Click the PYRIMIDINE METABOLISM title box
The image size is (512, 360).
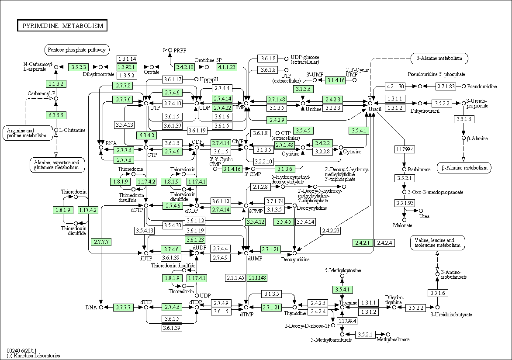pyautogui.click(x=62, y=25)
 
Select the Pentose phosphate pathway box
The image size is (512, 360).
pyautogui.click(x=77, y=50)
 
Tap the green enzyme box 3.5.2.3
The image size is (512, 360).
pyautogui.click(x=79, y=67)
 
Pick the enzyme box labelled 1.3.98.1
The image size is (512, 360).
pyautogui.click(x=127, y=67)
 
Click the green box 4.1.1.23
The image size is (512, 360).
pyautogui.click(x=227, y=67)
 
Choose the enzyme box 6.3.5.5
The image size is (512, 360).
pyautogui.click(x=56, y=115)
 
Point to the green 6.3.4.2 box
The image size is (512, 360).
pyautogui.click(x=146, y=135)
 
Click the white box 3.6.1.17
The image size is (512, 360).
pyautogui.click(x=173, y=80)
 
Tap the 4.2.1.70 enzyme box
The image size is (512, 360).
pyautogui.click(x=395, y=86)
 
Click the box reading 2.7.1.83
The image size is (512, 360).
pyautogui.click(x=446, y=86)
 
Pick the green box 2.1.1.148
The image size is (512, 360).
pyautogui.click(x=257, y=278)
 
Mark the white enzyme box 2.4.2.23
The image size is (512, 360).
pyautogui.click(x=331, y=230)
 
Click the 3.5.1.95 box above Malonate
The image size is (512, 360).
pyautogui.click(x=405, y=203)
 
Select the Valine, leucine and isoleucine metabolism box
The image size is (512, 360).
pyautogui.click(x=438, y=243)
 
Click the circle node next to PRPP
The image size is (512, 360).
pyautogui.click(x=170, y=50)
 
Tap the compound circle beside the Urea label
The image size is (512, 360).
pyautogui.click(x=421, y=211)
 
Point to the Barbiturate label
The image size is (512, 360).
pyautogui.click(x=419, y=169)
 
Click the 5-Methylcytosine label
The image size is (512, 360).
pyautogui.click(x=343, y=270)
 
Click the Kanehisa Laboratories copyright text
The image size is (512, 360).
pyautogui.click(x=33, y=356)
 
